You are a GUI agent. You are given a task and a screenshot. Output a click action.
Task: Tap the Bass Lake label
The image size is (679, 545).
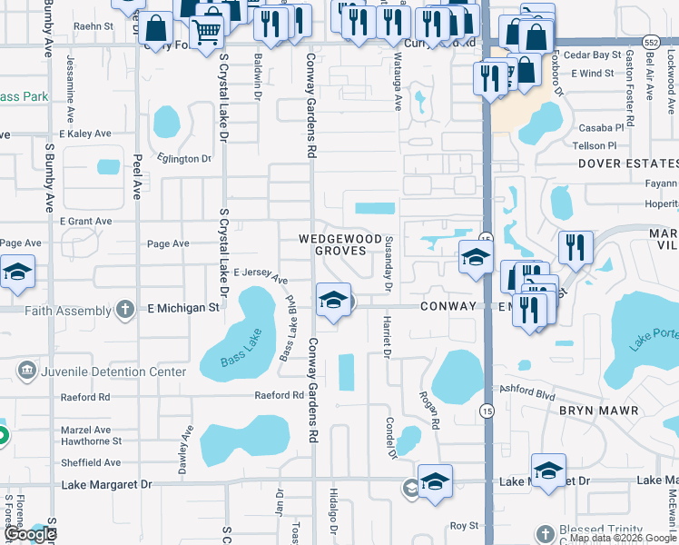coord(241,353)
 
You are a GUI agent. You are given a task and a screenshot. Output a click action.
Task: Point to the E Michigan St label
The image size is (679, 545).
coord(183,309)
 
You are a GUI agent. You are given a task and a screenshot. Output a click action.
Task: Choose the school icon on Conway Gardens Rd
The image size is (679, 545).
coord(333,300)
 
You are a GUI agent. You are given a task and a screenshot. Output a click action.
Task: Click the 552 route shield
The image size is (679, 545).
coord(650,43)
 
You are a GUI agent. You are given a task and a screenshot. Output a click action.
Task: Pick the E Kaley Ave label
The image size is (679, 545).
coord(85,134)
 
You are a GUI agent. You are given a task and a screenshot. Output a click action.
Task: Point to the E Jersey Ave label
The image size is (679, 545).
coord(261,273)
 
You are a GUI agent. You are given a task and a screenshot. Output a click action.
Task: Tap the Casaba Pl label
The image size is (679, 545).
coord(593,128)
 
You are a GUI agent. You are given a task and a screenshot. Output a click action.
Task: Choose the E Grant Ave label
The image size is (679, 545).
coord(86,221)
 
